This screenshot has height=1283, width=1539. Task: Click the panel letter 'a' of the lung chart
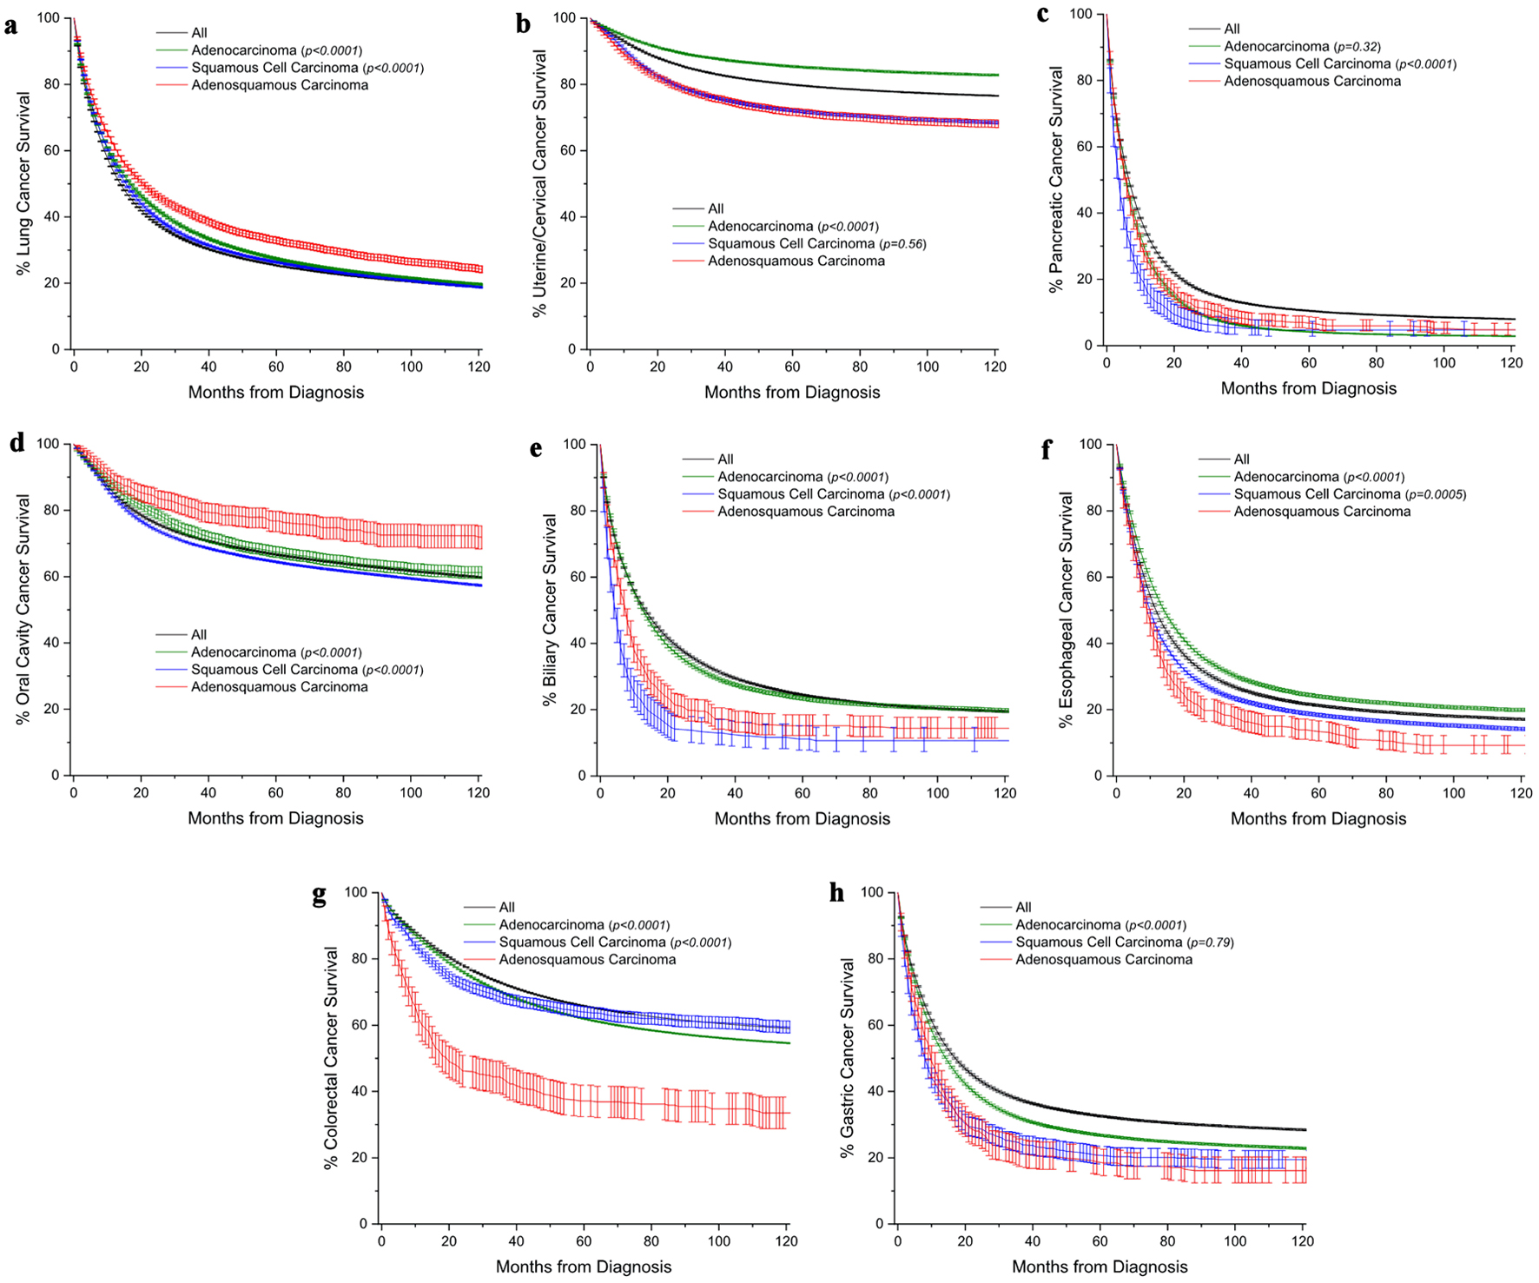(10, 25)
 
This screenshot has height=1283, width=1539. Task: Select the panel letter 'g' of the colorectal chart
(320, 896)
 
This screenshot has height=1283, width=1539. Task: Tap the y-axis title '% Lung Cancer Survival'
(23, 183)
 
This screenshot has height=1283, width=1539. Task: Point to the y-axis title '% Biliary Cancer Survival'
(550, 610)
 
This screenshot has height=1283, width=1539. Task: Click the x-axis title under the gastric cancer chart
(1100, 1266)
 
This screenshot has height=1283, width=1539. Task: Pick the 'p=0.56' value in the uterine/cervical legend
(902, 244)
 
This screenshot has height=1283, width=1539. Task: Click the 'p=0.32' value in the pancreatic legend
(1358, 47)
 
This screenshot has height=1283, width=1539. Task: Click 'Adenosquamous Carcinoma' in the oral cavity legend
(280, 687)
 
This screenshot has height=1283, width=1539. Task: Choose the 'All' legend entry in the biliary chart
(725, 460)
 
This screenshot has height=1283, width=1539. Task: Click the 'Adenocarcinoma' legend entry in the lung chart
(244, 50)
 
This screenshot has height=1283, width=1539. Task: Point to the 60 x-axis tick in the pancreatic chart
(1309, 362)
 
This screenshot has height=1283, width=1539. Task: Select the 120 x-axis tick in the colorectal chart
(786, 1241)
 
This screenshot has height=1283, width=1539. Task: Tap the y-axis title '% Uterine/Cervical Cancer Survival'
(539, 183)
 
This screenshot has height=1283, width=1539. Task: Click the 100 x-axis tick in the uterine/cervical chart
(928, 367)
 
